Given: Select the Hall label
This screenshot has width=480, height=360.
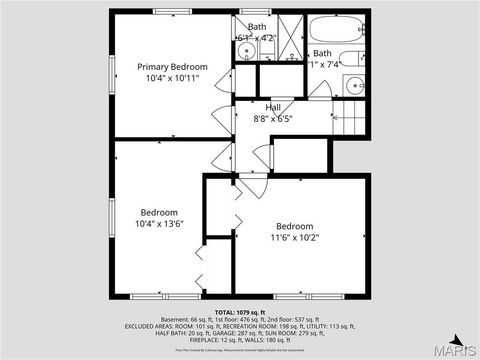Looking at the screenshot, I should pyautogui.click(x=273, y=107).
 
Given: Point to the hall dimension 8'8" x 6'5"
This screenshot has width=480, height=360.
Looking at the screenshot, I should pyautogui.click(x=273, y=118).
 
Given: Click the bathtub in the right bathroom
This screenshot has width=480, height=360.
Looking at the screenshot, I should pyautogui.click(x=337, y=29).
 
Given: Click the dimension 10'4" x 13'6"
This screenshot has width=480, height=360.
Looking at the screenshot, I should pyautogui.click(x=159, y=224).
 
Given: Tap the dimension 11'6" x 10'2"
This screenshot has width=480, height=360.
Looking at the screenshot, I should pyautogui.click(x=295, y=237).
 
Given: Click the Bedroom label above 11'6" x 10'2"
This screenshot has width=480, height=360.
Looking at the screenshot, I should pyautogui.click(x=295, y=225).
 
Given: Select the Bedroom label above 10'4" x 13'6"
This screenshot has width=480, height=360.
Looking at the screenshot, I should pyautogui.click(x=159, y=212).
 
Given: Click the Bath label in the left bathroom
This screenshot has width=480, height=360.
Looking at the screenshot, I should pyautogui.click(x=257, y=27).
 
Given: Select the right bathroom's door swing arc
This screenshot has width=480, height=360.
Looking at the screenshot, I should pyautogui.click(x=320, y=91).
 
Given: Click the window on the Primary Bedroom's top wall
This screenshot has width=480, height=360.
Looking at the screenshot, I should pyautogui.click(x=171, y=11).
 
